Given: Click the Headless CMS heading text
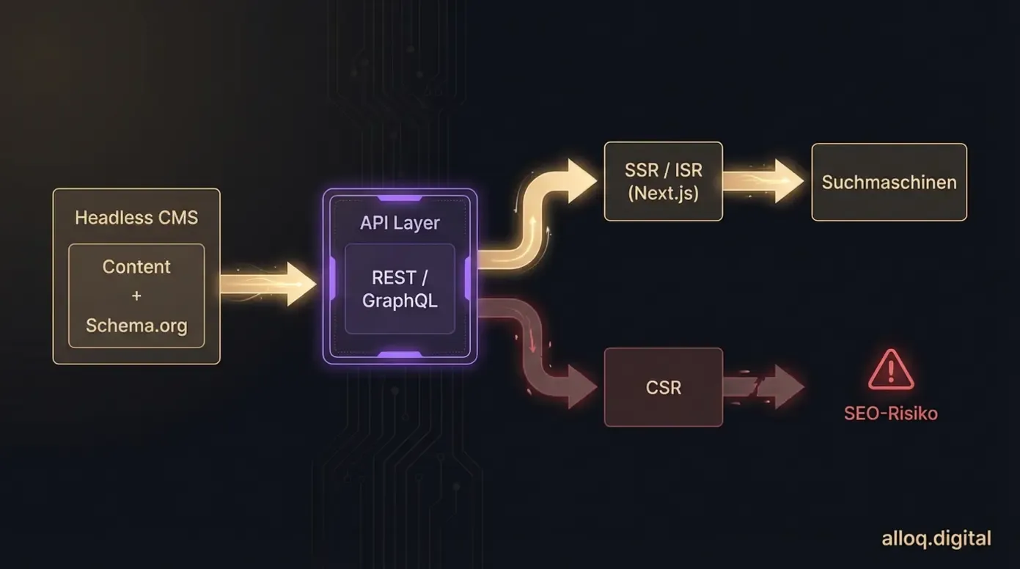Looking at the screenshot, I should [x=136, y=218].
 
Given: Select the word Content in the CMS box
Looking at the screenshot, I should [x=136, y=267].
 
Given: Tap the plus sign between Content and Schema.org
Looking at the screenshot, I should [x=136, y=296].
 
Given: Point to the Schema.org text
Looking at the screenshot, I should [x=136, y=325].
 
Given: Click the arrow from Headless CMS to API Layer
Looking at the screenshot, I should [x=268, y=284].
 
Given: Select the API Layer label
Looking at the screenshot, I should [x=400, y=223].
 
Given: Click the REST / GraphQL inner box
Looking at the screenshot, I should [x=400, y=289].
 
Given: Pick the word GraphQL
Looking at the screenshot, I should [x=400, y=301].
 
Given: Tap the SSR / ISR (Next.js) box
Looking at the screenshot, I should [x=663, y=182].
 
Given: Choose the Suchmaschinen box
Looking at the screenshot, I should [x=889, y=182].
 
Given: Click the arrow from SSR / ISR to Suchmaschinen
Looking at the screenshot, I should [x=763, y=181].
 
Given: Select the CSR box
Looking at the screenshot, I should [x=663, y=387].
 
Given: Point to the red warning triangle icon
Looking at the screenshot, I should [x=891, y=370].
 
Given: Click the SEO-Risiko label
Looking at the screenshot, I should [x=890, y=414].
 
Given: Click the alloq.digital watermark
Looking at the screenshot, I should [x=936, y=539].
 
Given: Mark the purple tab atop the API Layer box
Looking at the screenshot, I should [x=400, y=198].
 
